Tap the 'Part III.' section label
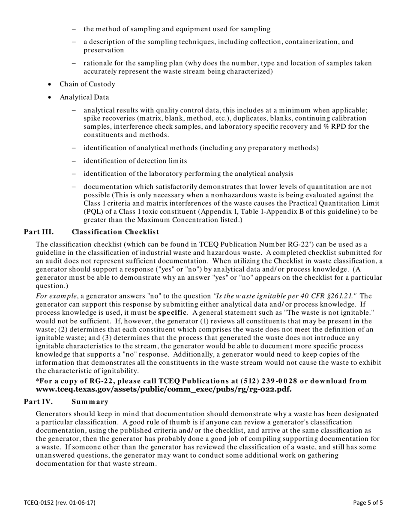coord(39,232)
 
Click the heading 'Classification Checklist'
coord(115,232)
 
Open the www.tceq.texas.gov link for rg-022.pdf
coord(164,389)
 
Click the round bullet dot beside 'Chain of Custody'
coord(50,84)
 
